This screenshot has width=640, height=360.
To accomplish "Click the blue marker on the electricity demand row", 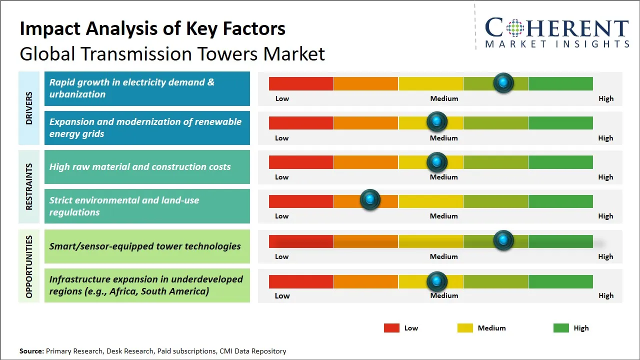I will [x=503, y=82].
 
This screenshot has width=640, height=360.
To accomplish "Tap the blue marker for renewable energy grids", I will [x=437, y=121].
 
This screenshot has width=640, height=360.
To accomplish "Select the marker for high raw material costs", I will [x=437, y=161].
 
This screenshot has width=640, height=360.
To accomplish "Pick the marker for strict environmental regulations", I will [x=370, y=200].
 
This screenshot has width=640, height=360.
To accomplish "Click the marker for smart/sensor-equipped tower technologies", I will [x=503, y=240].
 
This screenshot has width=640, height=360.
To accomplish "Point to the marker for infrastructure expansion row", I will [x=437, y=281].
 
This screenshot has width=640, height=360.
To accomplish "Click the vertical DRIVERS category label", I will [x=29, y=108].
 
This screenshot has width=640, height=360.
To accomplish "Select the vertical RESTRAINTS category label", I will [x=29, y=186].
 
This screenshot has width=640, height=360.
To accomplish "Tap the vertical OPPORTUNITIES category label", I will [x=29, y=266].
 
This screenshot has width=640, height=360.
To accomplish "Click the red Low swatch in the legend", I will [x=391, y=328].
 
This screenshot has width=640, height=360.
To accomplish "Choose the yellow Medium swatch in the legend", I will [x=465, y=328].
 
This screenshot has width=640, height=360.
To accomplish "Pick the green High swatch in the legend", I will [x=561, y=328].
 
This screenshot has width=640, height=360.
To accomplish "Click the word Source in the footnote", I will [x=31, y=351].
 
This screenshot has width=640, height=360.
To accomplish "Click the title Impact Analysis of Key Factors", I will [x=152, y=28].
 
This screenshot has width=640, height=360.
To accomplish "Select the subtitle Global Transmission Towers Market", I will [x=172, y=53].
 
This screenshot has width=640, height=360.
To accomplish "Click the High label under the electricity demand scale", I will [x=605, y=98].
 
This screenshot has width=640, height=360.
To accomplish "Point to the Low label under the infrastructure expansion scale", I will [x=282, y=295].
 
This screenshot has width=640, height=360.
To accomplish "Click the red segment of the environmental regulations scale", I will [x=301, y=201].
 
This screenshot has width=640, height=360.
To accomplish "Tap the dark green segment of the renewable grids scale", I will [x=560, y=122].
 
